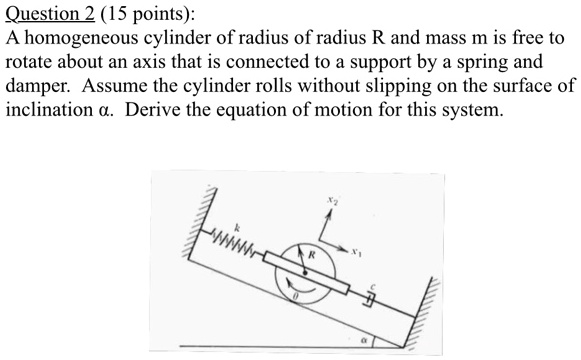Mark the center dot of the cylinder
coord(302,267)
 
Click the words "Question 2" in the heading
coord(47,14)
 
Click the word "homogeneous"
coord(95,38)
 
